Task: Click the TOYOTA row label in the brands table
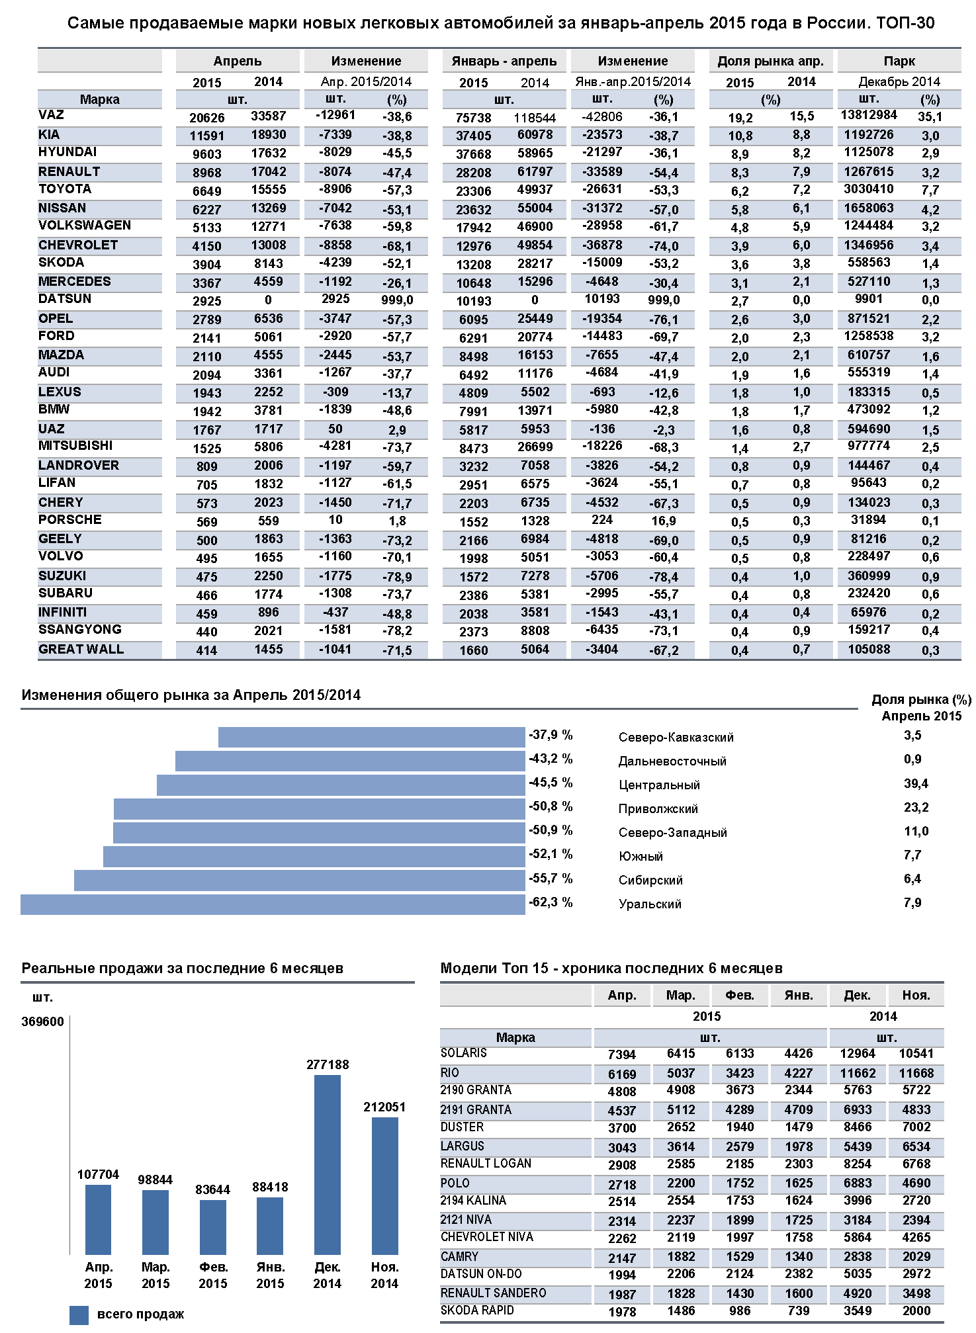(65, 189)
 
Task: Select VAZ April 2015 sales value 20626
(207, 118)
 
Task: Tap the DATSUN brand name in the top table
(65, 299)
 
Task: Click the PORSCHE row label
(70, 520)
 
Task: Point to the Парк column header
(899, 61)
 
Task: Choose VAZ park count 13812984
(869, 115)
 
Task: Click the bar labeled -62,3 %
(273, 904)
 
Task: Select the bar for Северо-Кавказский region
(371, 737)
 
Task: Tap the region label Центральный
(659, 785)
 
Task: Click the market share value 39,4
(916, 784)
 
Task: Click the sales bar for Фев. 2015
(213, 1227)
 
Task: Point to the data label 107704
(98, 1174)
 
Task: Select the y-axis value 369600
(43, 1021)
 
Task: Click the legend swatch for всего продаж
(79, 1314)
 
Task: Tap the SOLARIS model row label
(464, 1053)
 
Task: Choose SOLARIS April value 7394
(622, 1054)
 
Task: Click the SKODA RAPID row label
(477, 1311)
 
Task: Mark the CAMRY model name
(459, 1256)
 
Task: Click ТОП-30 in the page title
(905, 23)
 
